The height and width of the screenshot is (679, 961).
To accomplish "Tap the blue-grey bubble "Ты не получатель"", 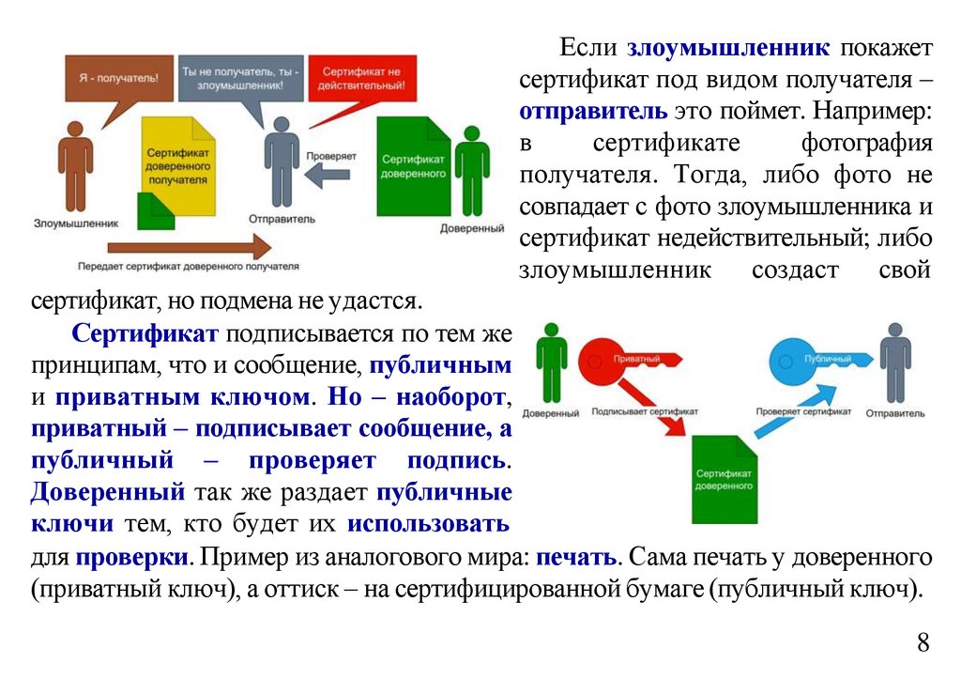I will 240,77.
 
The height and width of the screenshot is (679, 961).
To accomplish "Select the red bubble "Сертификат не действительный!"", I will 359,77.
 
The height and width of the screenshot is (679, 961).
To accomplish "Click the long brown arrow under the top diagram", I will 188,247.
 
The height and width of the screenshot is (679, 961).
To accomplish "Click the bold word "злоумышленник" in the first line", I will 728,47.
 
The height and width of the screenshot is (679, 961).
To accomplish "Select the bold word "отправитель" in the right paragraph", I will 594,111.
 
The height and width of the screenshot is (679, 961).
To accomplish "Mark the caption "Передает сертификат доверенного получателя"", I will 189,267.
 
